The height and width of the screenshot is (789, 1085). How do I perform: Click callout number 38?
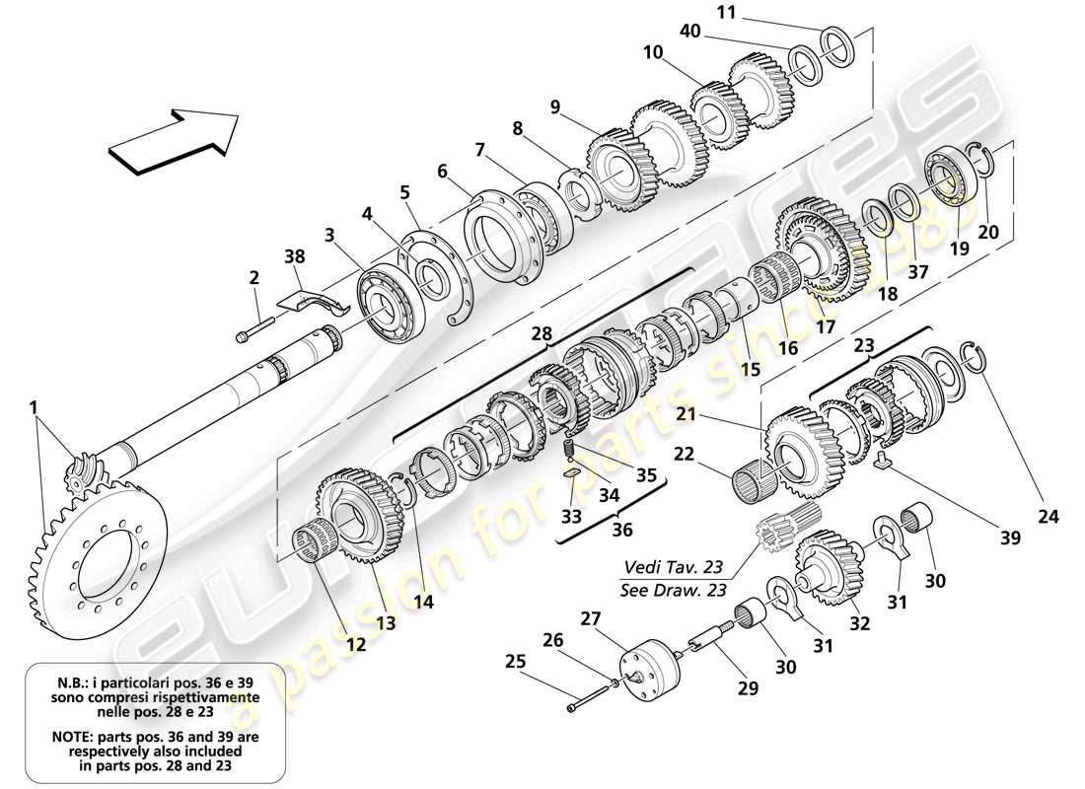coord(295,255)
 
